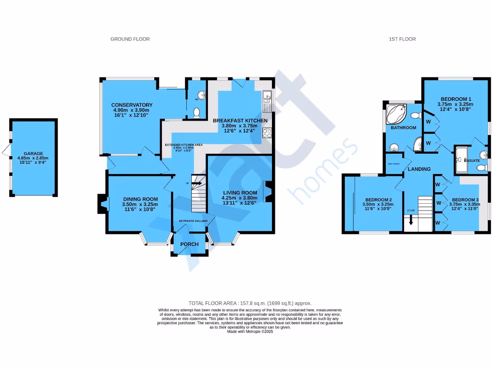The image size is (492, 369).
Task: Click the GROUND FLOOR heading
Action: click(x=130, y=39)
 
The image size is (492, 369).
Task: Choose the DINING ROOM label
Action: click(x=140, y=199)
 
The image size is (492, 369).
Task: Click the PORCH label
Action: click(x=189, y=244)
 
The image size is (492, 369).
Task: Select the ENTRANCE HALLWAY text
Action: click(x=193, y=221)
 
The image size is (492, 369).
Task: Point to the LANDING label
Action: click(x=419, y=169)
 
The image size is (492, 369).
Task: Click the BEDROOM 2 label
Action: click(x=378, y=200)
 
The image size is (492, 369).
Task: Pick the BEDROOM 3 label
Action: click(x=465, y=200)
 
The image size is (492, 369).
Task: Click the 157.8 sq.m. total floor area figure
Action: click(x=258, y=303)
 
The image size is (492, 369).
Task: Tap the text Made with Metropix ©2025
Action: click(x=250, y=332)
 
